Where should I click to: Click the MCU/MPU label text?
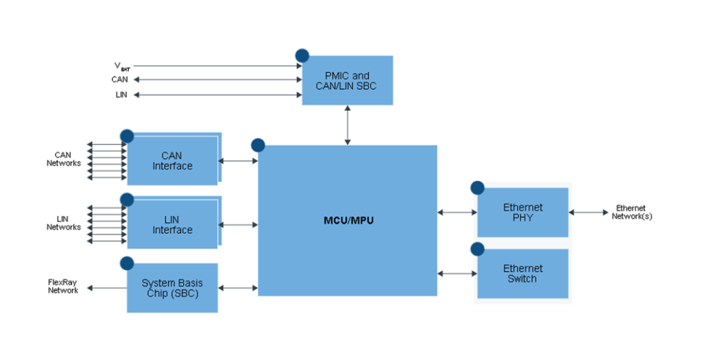tap(349, 221)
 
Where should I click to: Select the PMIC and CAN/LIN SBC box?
tap(347, 81)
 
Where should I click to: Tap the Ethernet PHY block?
tap(522, 213)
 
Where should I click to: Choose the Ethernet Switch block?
tap(522, 274)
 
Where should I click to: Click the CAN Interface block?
tap(172, 161)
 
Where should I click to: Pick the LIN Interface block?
tap(172, 225)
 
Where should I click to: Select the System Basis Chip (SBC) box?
tap(172, 288)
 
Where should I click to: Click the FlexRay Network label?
tap(63, 286)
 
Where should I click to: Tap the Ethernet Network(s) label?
tap(631, 212)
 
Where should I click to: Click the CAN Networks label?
tap(64, 159)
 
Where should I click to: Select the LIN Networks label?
tap(64, 223)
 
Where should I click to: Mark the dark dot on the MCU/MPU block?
tap(258, 145)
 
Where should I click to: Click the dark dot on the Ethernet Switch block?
tap(477, 249)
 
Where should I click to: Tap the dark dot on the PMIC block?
tap(302, 56)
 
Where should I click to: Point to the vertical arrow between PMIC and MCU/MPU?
tap(348, 125)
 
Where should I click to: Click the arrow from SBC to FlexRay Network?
tap(107, 288)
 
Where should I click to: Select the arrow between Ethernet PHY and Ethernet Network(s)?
tap(588, 213)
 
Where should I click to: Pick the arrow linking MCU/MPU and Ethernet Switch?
tap(457, 274)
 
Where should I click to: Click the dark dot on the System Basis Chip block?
tap(127, 263)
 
